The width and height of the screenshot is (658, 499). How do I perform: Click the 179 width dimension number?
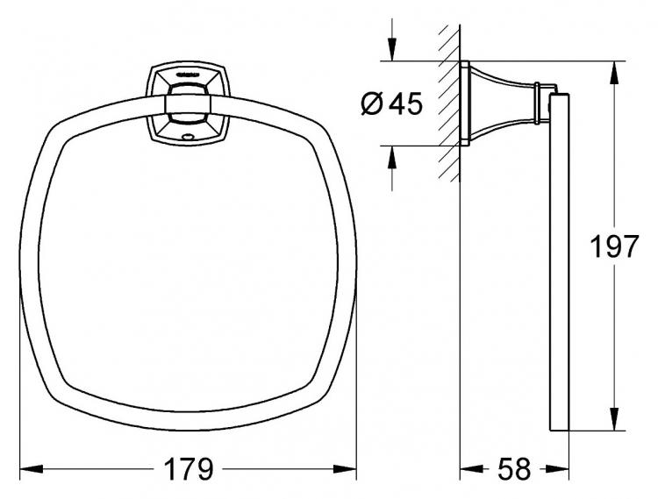[189, 469]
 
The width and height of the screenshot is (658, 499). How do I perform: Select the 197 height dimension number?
[614, 246]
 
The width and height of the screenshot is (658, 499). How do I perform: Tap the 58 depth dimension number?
[514, 469]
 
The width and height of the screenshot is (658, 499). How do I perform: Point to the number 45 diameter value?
[404, 103]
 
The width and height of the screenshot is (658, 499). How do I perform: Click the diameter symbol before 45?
[372, 103]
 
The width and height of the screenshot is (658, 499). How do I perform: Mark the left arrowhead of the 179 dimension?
[32, 468]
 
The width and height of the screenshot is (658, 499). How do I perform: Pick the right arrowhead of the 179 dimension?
[345, 468]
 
